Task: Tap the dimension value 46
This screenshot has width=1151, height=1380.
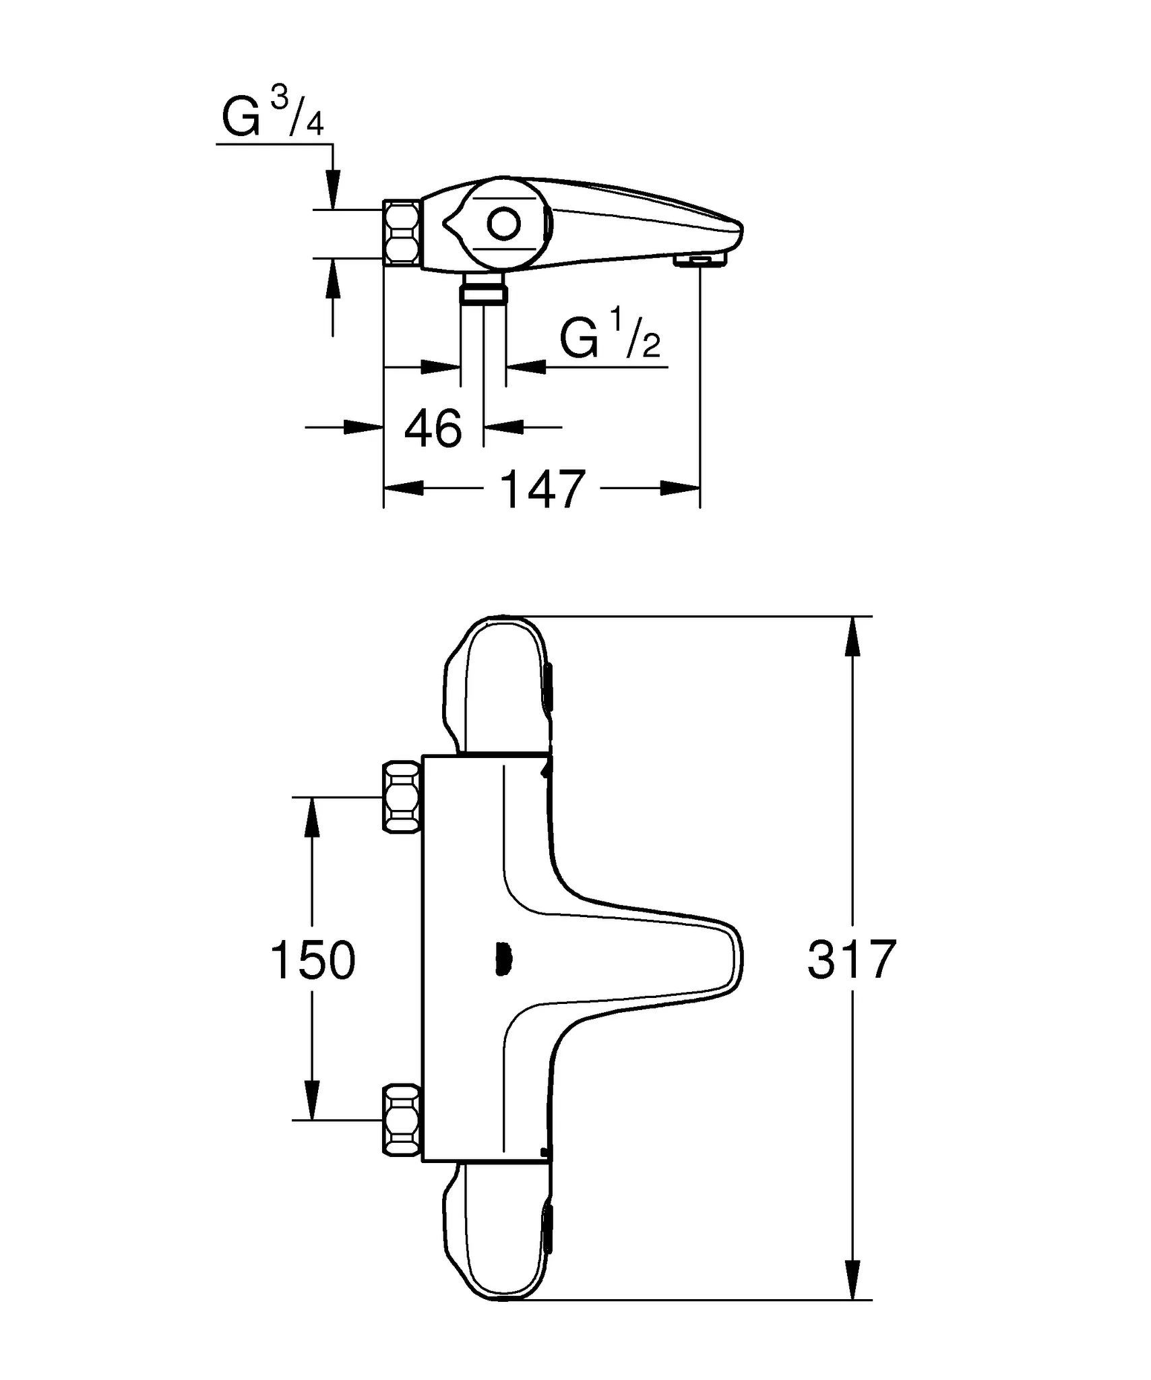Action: click(433, 429)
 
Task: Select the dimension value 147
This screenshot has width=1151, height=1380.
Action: click(543, 490)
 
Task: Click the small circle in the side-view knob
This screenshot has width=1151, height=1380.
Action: click(504, 224)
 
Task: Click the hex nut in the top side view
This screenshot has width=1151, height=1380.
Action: click(402, 233)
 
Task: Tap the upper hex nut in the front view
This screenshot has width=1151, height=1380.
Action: click(402, 797)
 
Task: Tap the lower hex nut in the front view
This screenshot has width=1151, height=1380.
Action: click(402, 1121)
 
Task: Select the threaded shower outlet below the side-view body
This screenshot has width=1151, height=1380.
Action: click(483, 293)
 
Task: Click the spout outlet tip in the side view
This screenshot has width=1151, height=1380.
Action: click(701, 261)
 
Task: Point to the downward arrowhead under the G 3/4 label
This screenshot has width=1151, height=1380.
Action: click(333, 189)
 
